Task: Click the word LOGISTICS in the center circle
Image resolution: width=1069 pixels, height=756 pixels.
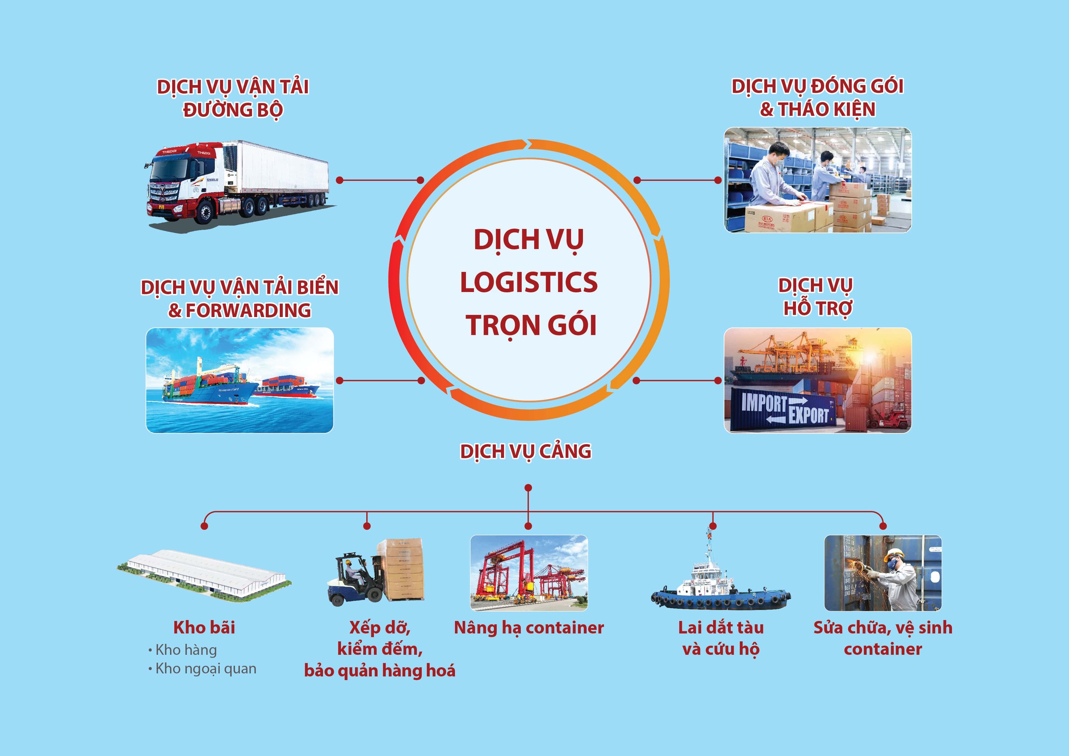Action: (529, 282)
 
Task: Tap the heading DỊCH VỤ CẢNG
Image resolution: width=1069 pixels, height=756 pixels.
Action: (526, 452)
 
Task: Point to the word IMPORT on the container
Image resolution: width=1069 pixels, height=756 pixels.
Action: (764, 402)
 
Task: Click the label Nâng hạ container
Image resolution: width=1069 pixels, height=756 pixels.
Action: (529, 628)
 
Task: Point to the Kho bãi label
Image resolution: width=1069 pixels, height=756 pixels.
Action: (204, 627)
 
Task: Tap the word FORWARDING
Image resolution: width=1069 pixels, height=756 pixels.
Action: (248, 311)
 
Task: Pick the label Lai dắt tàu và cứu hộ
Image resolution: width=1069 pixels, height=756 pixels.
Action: (721, 638)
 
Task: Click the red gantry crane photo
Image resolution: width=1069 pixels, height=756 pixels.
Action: (529, 573)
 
